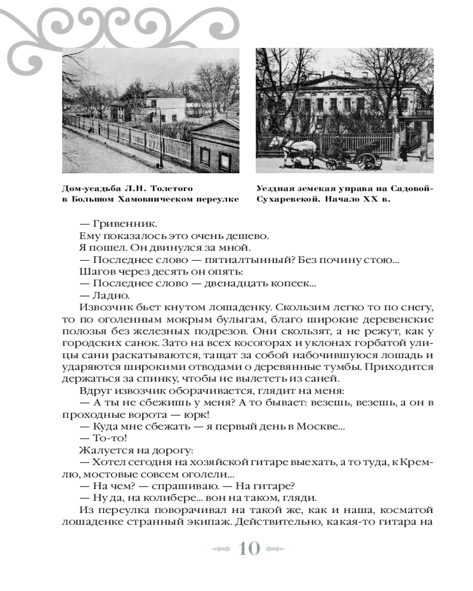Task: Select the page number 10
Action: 249,548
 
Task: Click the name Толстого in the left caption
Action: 170,188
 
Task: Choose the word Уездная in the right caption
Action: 276,188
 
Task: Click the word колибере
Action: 144,498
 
